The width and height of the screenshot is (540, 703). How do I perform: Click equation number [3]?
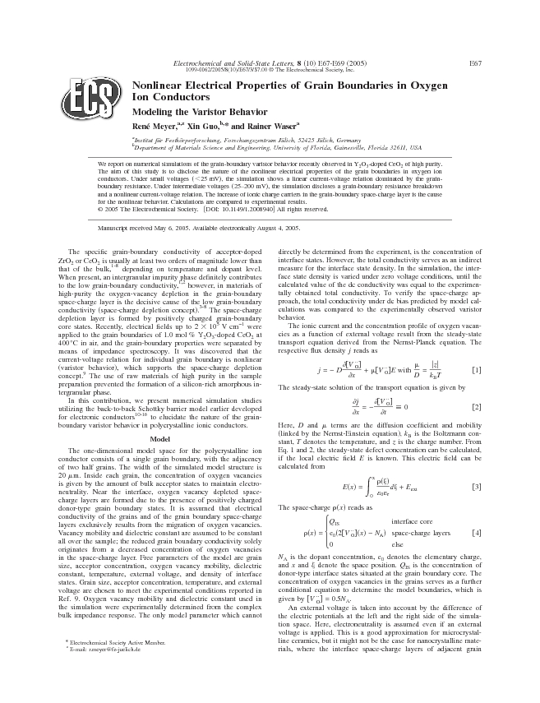point(475,488)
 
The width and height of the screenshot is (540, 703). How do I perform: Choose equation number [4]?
point(475,533)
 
